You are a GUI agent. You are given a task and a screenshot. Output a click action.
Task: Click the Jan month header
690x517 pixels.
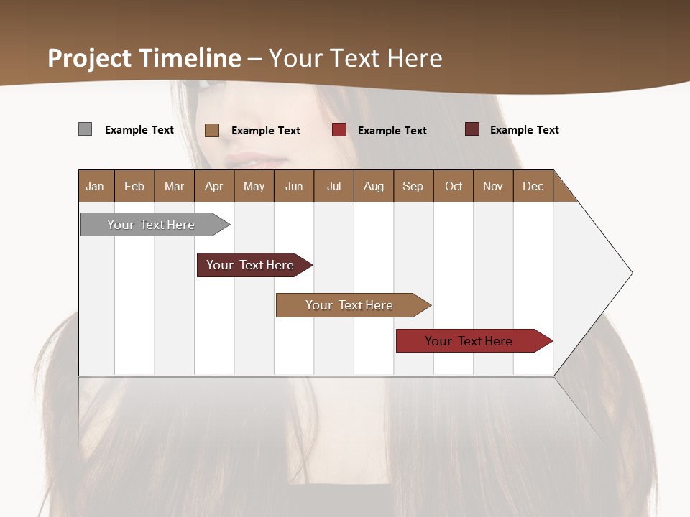pos(95,186)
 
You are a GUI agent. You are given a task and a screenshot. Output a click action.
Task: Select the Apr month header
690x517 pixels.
pos(213,186)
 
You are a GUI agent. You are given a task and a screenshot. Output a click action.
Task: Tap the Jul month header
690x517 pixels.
pos(333,186)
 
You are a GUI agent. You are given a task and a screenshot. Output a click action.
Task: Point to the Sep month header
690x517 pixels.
pos(413,186)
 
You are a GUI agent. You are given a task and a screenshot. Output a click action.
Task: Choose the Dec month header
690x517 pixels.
pos(533,186)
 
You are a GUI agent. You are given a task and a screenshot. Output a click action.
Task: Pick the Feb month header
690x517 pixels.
pos(134,186)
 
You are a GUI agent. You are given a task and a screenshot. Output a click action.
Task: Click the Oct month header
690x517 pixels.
pos(454,186)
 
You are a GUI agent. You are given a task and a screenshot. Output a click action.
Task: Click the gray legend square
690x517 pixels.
pos(85,129)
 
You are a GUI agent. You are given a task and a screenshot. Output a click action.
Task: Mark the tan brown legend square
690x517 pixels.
pos(211,130)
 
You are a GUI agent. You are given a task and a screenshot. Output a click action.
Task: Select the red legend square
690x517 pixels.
pos(339,130)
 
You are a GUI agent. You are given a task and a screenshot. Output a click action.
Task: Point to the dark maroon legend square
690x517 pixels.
pos(472,129)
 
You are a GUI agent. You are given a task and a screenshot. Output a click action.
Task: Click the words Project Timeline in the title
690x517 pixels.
pos(144,58)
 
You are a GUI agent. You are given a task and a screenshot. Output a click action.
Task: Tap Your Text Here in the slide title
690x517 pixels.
pos(355,58)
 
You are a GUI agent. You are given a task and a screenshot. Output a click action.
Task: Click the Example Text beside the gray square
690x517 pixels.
pos(139,130)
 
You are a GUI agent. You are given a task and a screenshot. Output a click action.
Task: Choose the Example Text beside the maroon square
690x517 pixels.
pos(524,130)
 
